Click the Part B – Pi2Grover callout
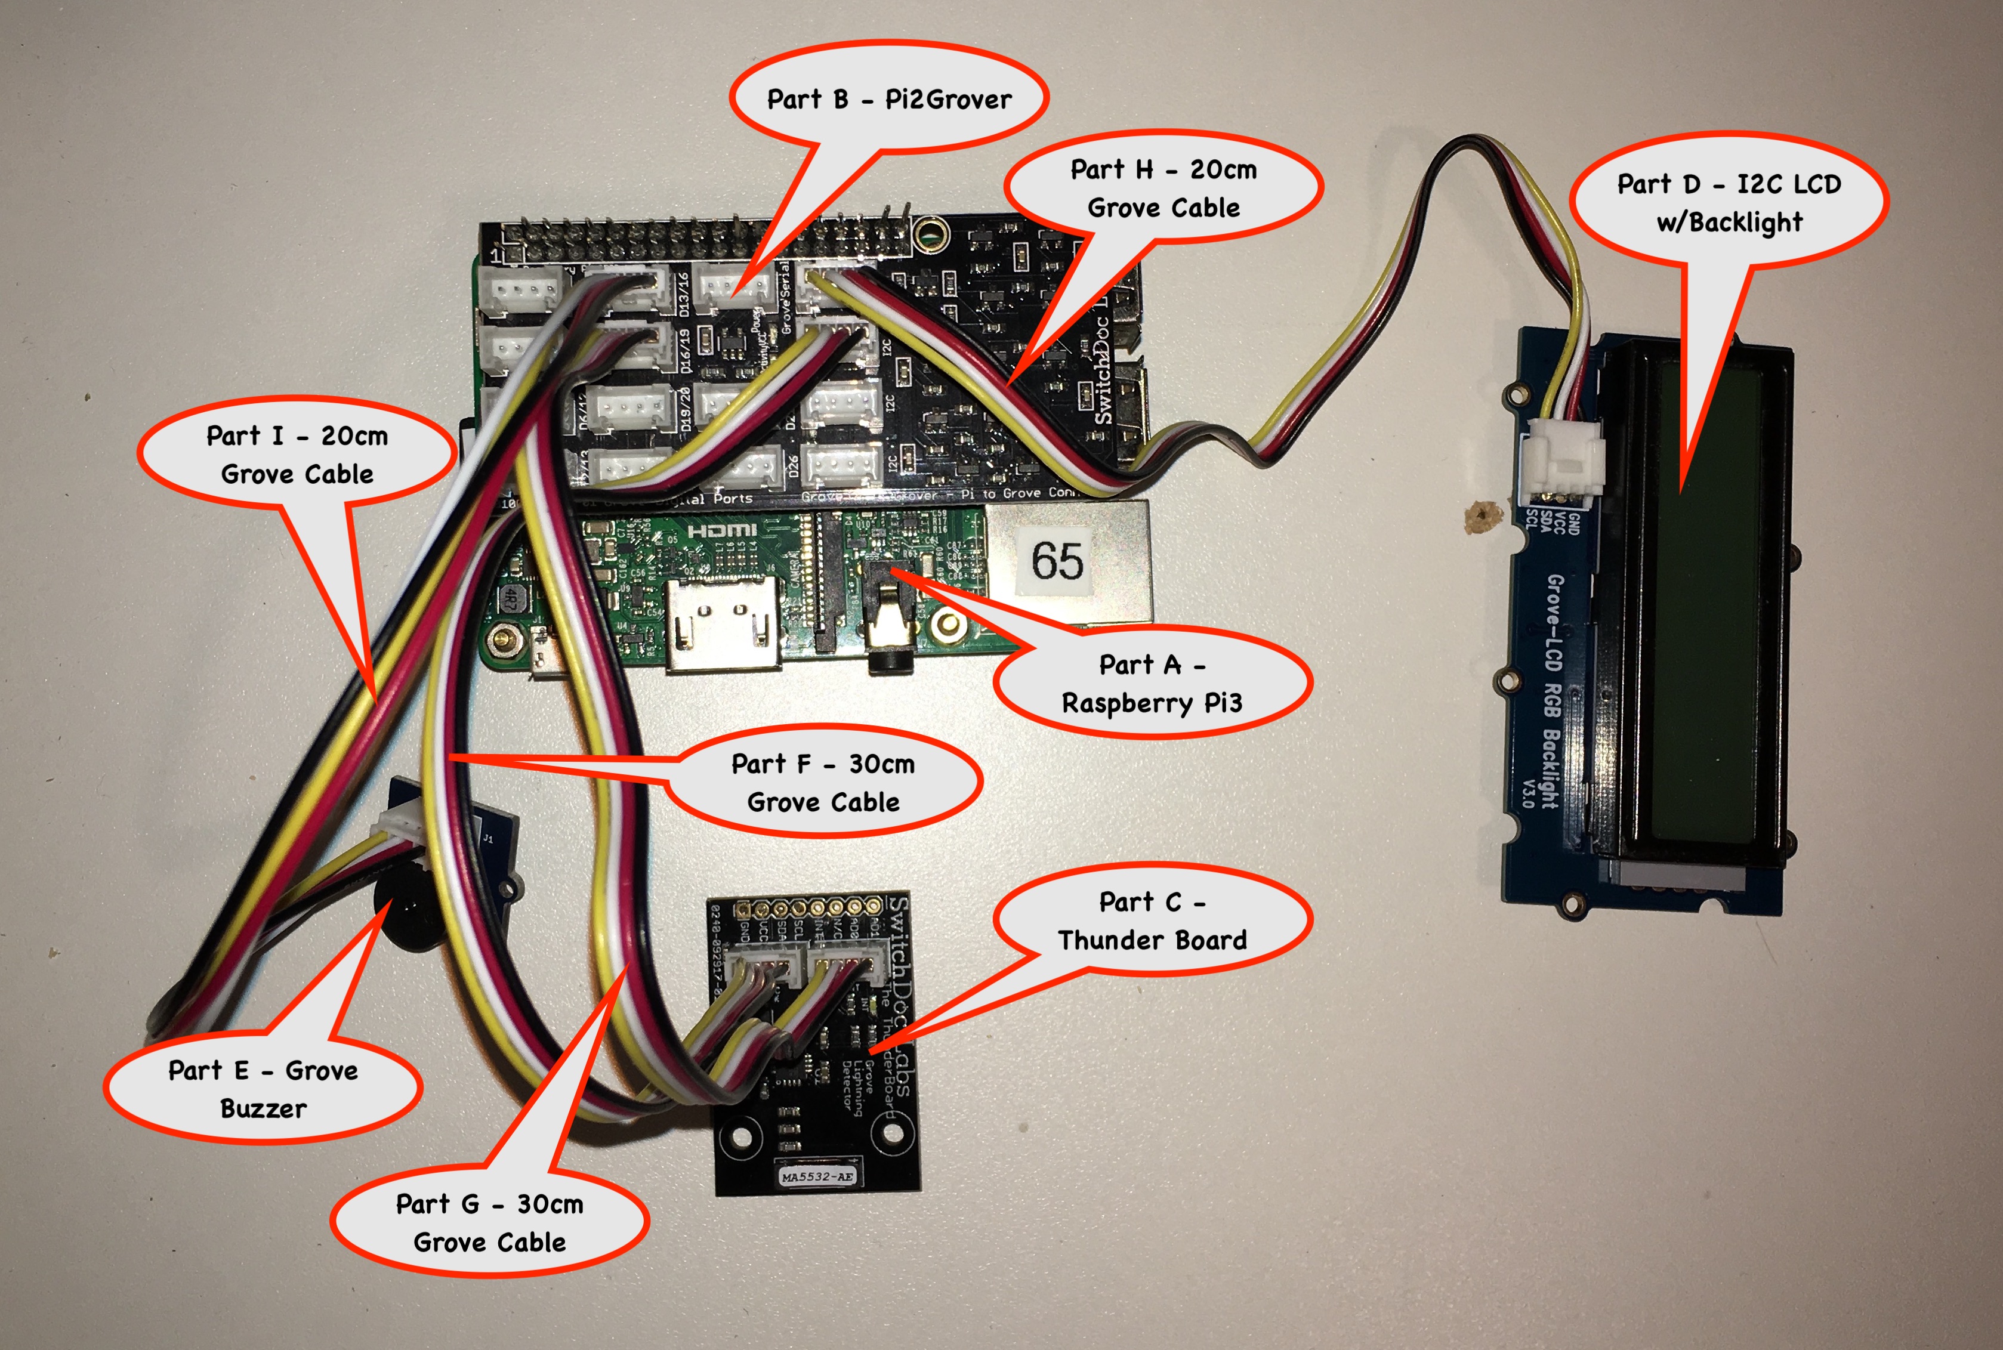click(x=888, y=99)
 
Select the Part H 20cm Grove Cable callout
click(x=1163, y=188)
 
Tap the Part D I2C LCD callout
click(x=1729, y=202)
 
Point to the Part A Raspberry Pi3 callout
click(x=1152, y=684)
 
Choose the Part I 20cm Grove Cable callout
click(x=297, y=454)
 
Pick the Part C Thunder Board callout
click(x=1152, y=920)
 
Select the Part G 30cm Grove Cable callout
click(x=489, y=1222)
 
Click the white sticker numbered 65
click(x=1057, y=561)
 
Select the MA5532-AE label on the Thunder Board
click(x=818, y=1176)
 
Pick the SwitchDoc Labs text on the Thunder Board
click(x=899, y=990)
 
